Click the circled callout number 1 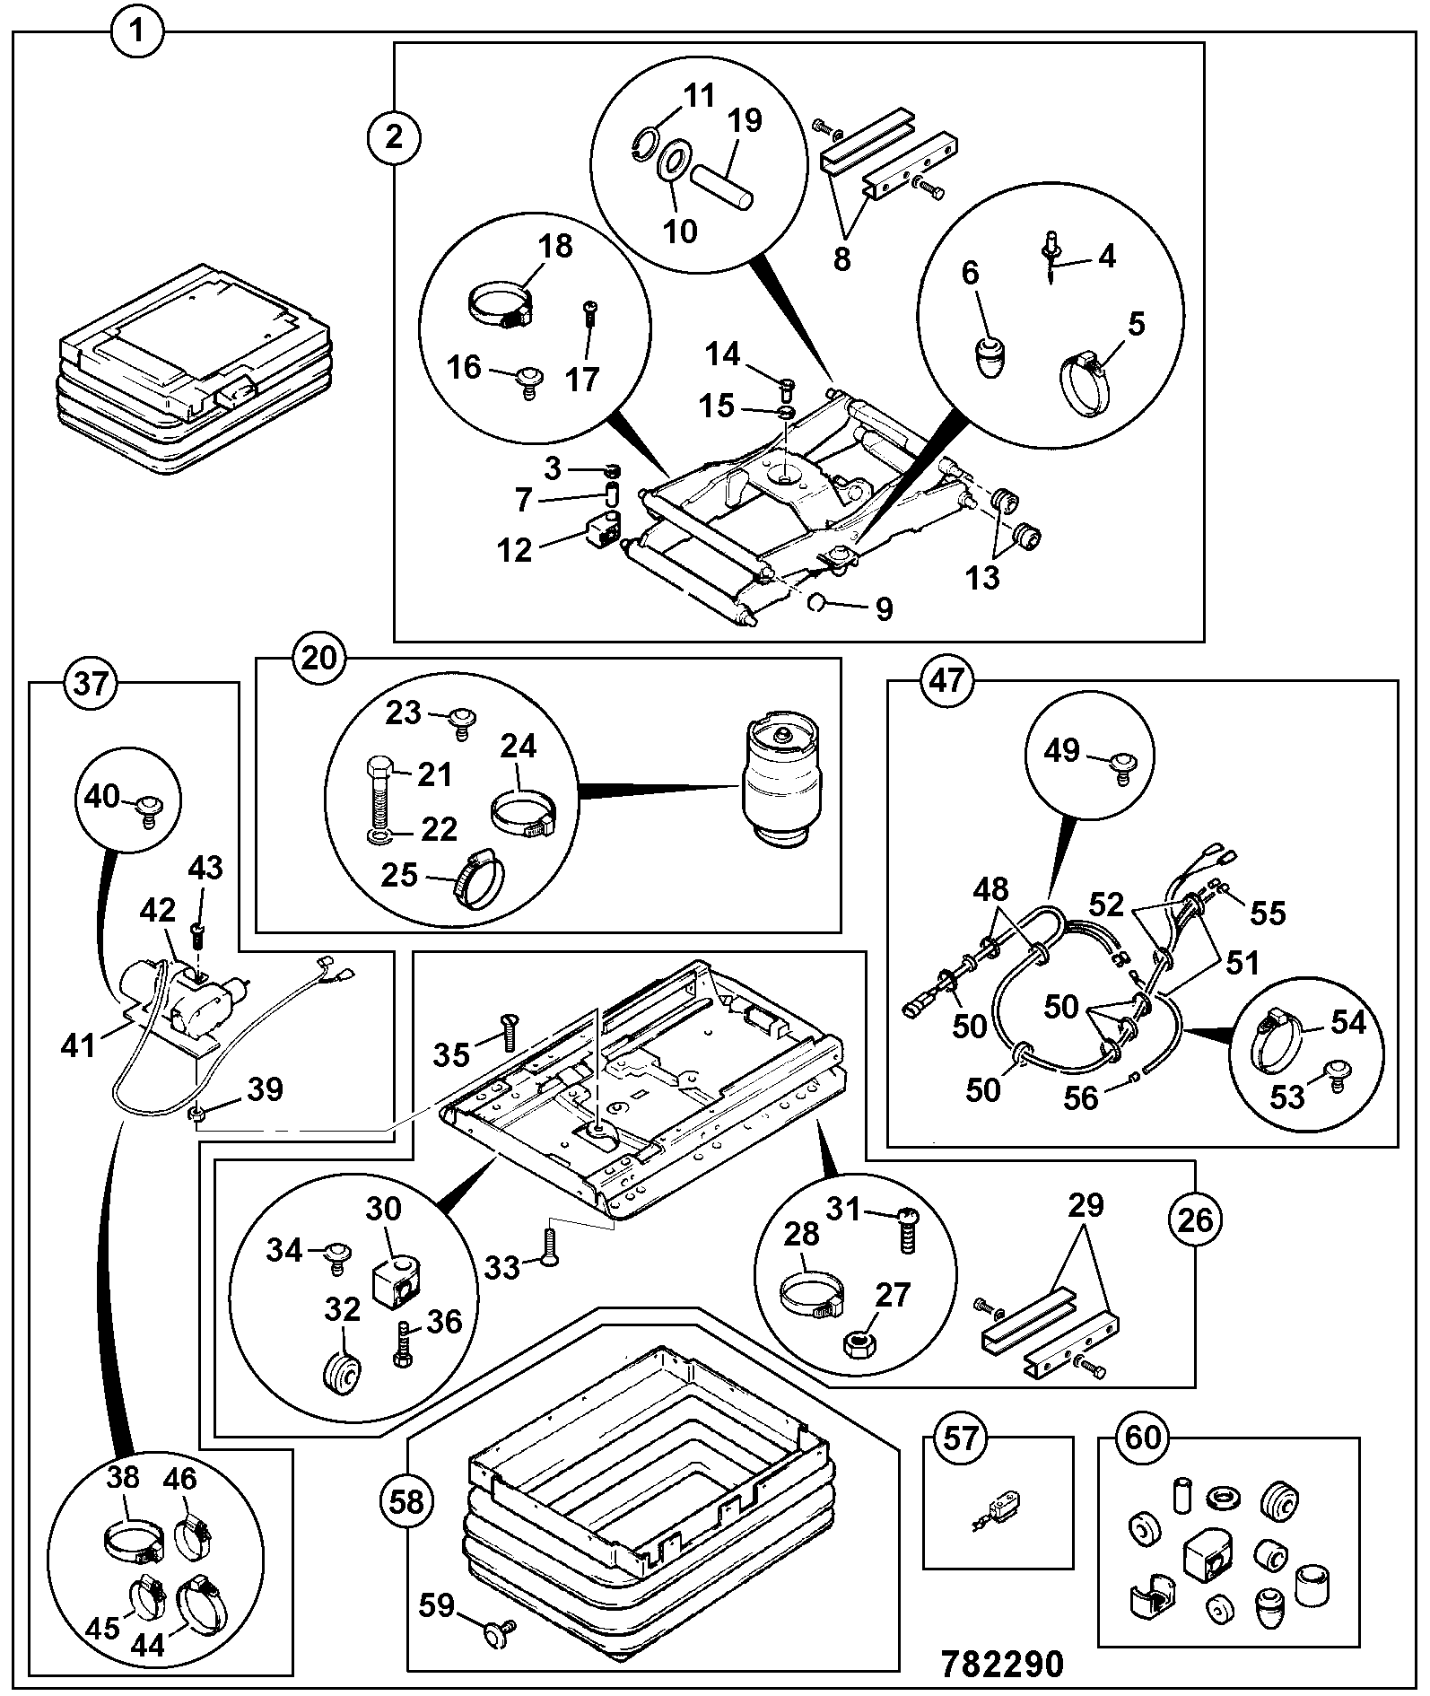pyautogui.click(x=137, y=34)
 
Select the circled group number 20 pyautogui.click(x=318, y=658)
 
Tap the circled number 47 pyautogui.click(x=949, y=681)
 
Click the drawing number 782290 pyautogui.click(x=1003, y=1664)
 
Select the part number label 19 pyautogui.click(x=745, y=119)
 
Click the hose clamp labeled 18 pyautogui.click(x=501, y=305)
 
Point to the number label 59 pyautogui.click(x=437, y=1604)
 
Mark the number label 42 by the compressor pyautogui.click(x=157, y=911)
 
